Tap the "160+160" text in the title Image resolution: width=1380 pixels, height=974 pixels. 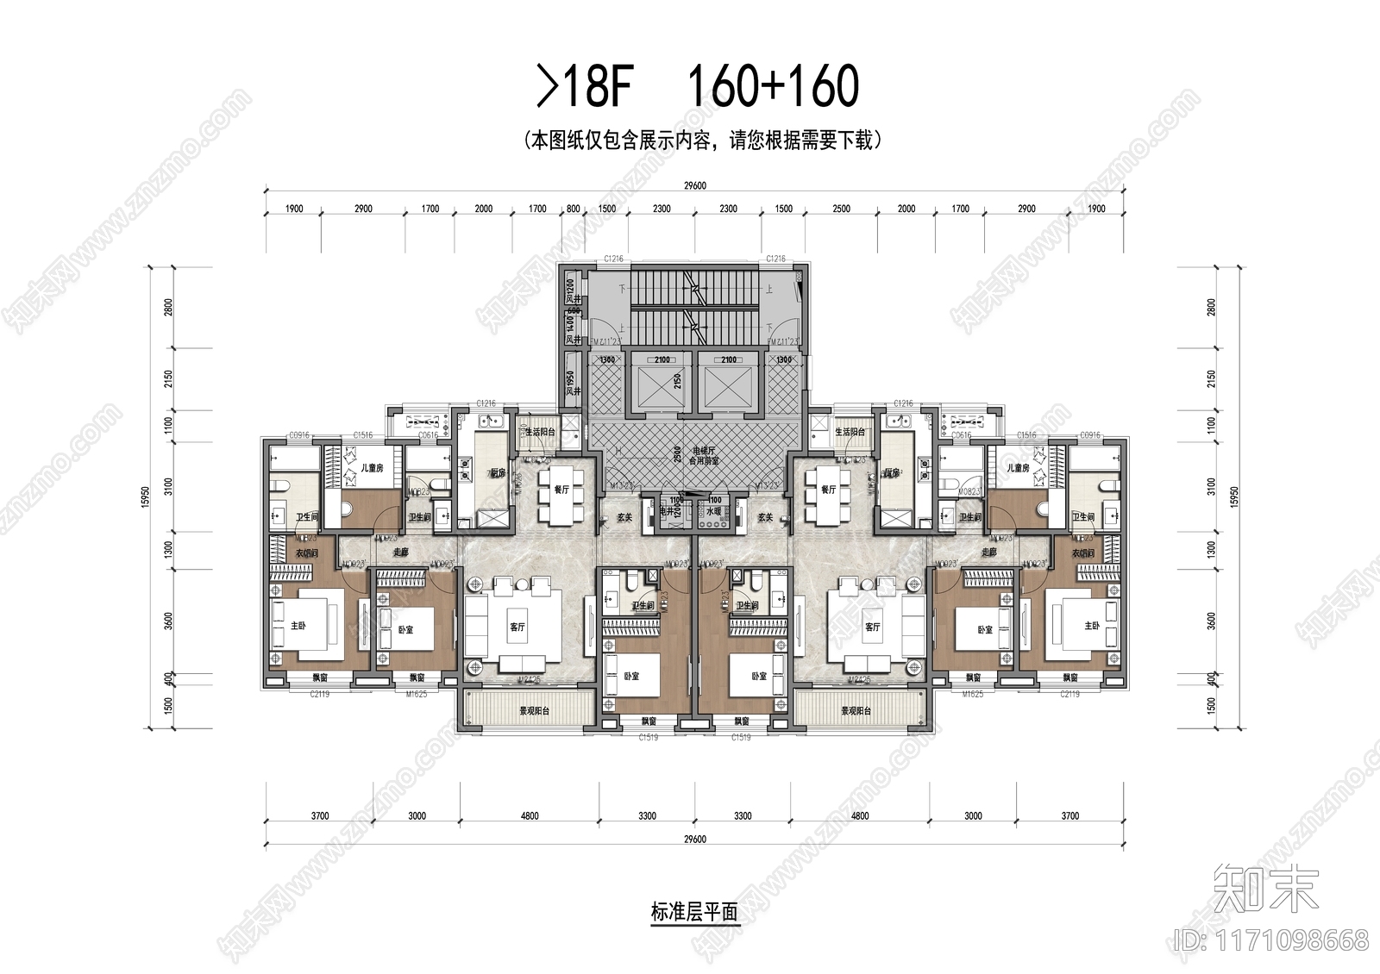pyautogui.click(x=772, y=86)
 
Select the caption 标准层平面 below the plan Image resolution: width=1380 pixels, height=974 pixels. pyautogui.click(x=694, y=912)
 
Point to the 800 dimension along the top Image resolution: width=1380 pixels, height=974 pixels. pyautogui.click(x=574, y=209)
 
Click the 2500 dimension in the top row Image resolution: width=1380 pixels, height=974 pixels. pyautogui.click(x=841, y=209)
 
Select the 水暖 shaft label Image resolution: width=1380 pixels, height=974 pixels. pyautogui.click(x=713, y=511)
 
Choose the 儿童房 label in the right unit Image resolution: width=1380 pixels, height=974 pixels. pyautogui.click(x=1018, y=468)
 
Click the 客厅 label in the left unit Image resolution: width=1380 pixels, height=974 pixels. pyautogui.click(x=517, y=627)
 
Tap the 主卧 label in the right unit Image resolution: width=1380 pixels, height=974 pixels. pyautogui.click(x=1092, y=626)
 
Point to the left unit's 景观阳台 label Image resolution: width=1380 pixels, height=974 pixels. pyautogui.click(x=534, y=711)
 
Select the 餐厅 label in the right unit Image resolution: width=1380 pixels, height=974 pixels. pyautogui.click(x=828, y=490)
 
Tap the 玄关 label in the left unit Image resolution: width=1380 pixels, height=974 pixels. pyautogui.click(x=625, y=517)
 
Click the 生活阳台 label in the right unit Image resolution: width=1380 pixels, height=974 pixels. pyautogui.click(x=850, y=432)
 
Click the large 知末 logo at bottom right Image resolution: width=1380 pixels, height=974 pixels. pyautogui.click(x=1266, y=889)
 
